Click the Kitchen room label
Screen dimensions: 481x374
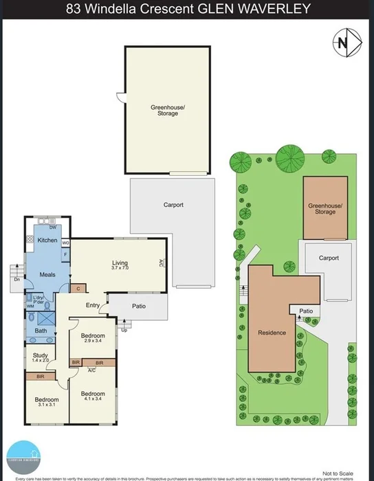[x=47, y=240]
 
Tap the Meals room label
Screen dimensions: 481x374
[x=47, y=274]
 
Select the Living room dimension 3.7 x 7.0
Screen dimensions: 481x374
[x=120, y=269]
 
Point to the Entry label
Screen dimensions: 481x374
[x=93, y=305]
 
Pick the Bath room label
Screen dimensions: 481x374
[x=41, y=331]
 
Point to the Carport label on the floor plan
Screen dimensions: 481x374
[x=173, y=204]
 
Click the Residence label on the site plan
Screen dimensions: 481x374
[x=272, y=333]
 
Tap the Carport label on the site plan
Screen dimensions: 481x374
[x=329, y=258]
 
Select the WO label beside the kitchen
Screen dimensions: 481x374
[x=66, y=243]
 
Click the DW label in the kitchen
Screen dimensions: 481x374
[x=52, y=227]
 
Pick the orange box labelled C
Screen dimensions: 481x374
[x=79, y=289]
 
